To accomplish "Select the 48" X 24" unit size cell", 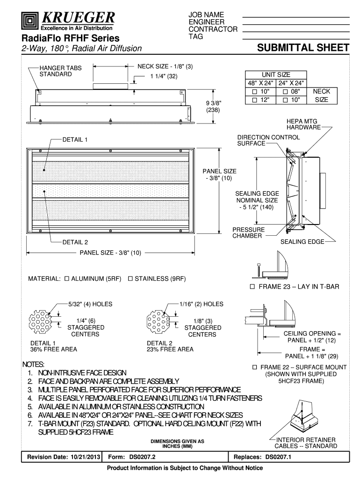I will pos(261,83).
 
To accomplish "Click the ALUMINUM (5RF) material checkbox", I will pos(66,279).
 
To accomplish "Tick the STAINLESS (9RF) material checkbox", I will pos(130,279).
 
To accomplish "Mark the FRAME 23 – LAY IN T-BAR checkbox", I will pos(253,286).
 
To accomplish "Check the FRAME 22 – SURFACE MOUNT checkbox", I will pos(255,367).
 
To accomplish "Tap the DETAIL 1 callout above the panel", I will pos(75,139).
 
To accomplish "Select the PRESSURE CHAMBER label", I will pos(249,233).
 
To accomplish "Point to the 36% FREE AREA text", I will pos(54,349).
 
